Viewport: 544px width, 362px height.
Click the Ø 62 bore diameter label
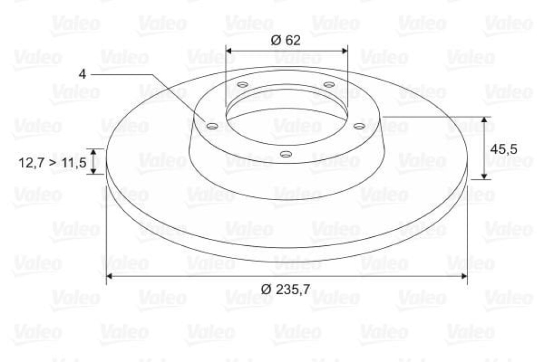point(285,40)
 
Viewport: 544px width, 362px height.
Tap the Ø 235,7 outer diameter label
point(285,289)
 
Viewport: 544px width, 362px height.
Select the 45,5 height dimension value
point(504,149)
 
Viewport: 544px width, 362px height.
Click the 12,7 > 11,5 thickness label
point(52,162)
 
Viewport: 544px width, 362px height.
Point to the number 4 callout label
point(82,74)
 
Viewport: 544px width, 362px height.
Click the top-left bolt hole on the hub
point(242,84)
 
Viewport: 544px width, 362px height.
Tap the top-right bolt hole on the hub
point(329,84)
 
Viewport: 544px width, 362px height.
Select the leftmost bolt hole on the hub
point(211,126)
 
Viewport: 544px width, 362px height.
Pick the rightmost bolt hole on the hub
point(360,126)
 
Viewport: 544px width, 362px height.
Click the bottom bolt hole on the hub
point(285,153)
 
